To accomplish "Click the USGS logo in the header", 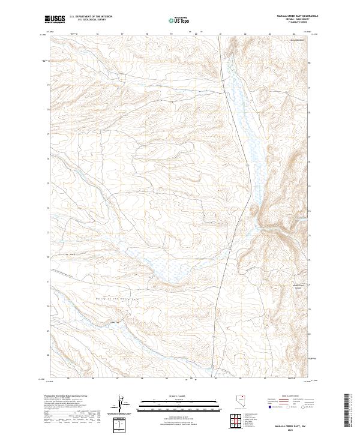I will pos(55,19).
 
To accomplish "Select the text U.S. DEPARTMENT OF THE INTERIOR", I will pos(91,17).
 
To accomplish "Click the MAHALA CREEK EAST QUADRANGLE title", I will pos(298,16).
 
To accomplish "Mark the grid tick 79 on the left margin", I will pos(48,85).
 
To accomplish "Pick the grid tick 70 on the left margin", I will pos(48,307).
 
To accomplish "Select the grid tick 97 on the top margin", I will pos(122,34).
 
